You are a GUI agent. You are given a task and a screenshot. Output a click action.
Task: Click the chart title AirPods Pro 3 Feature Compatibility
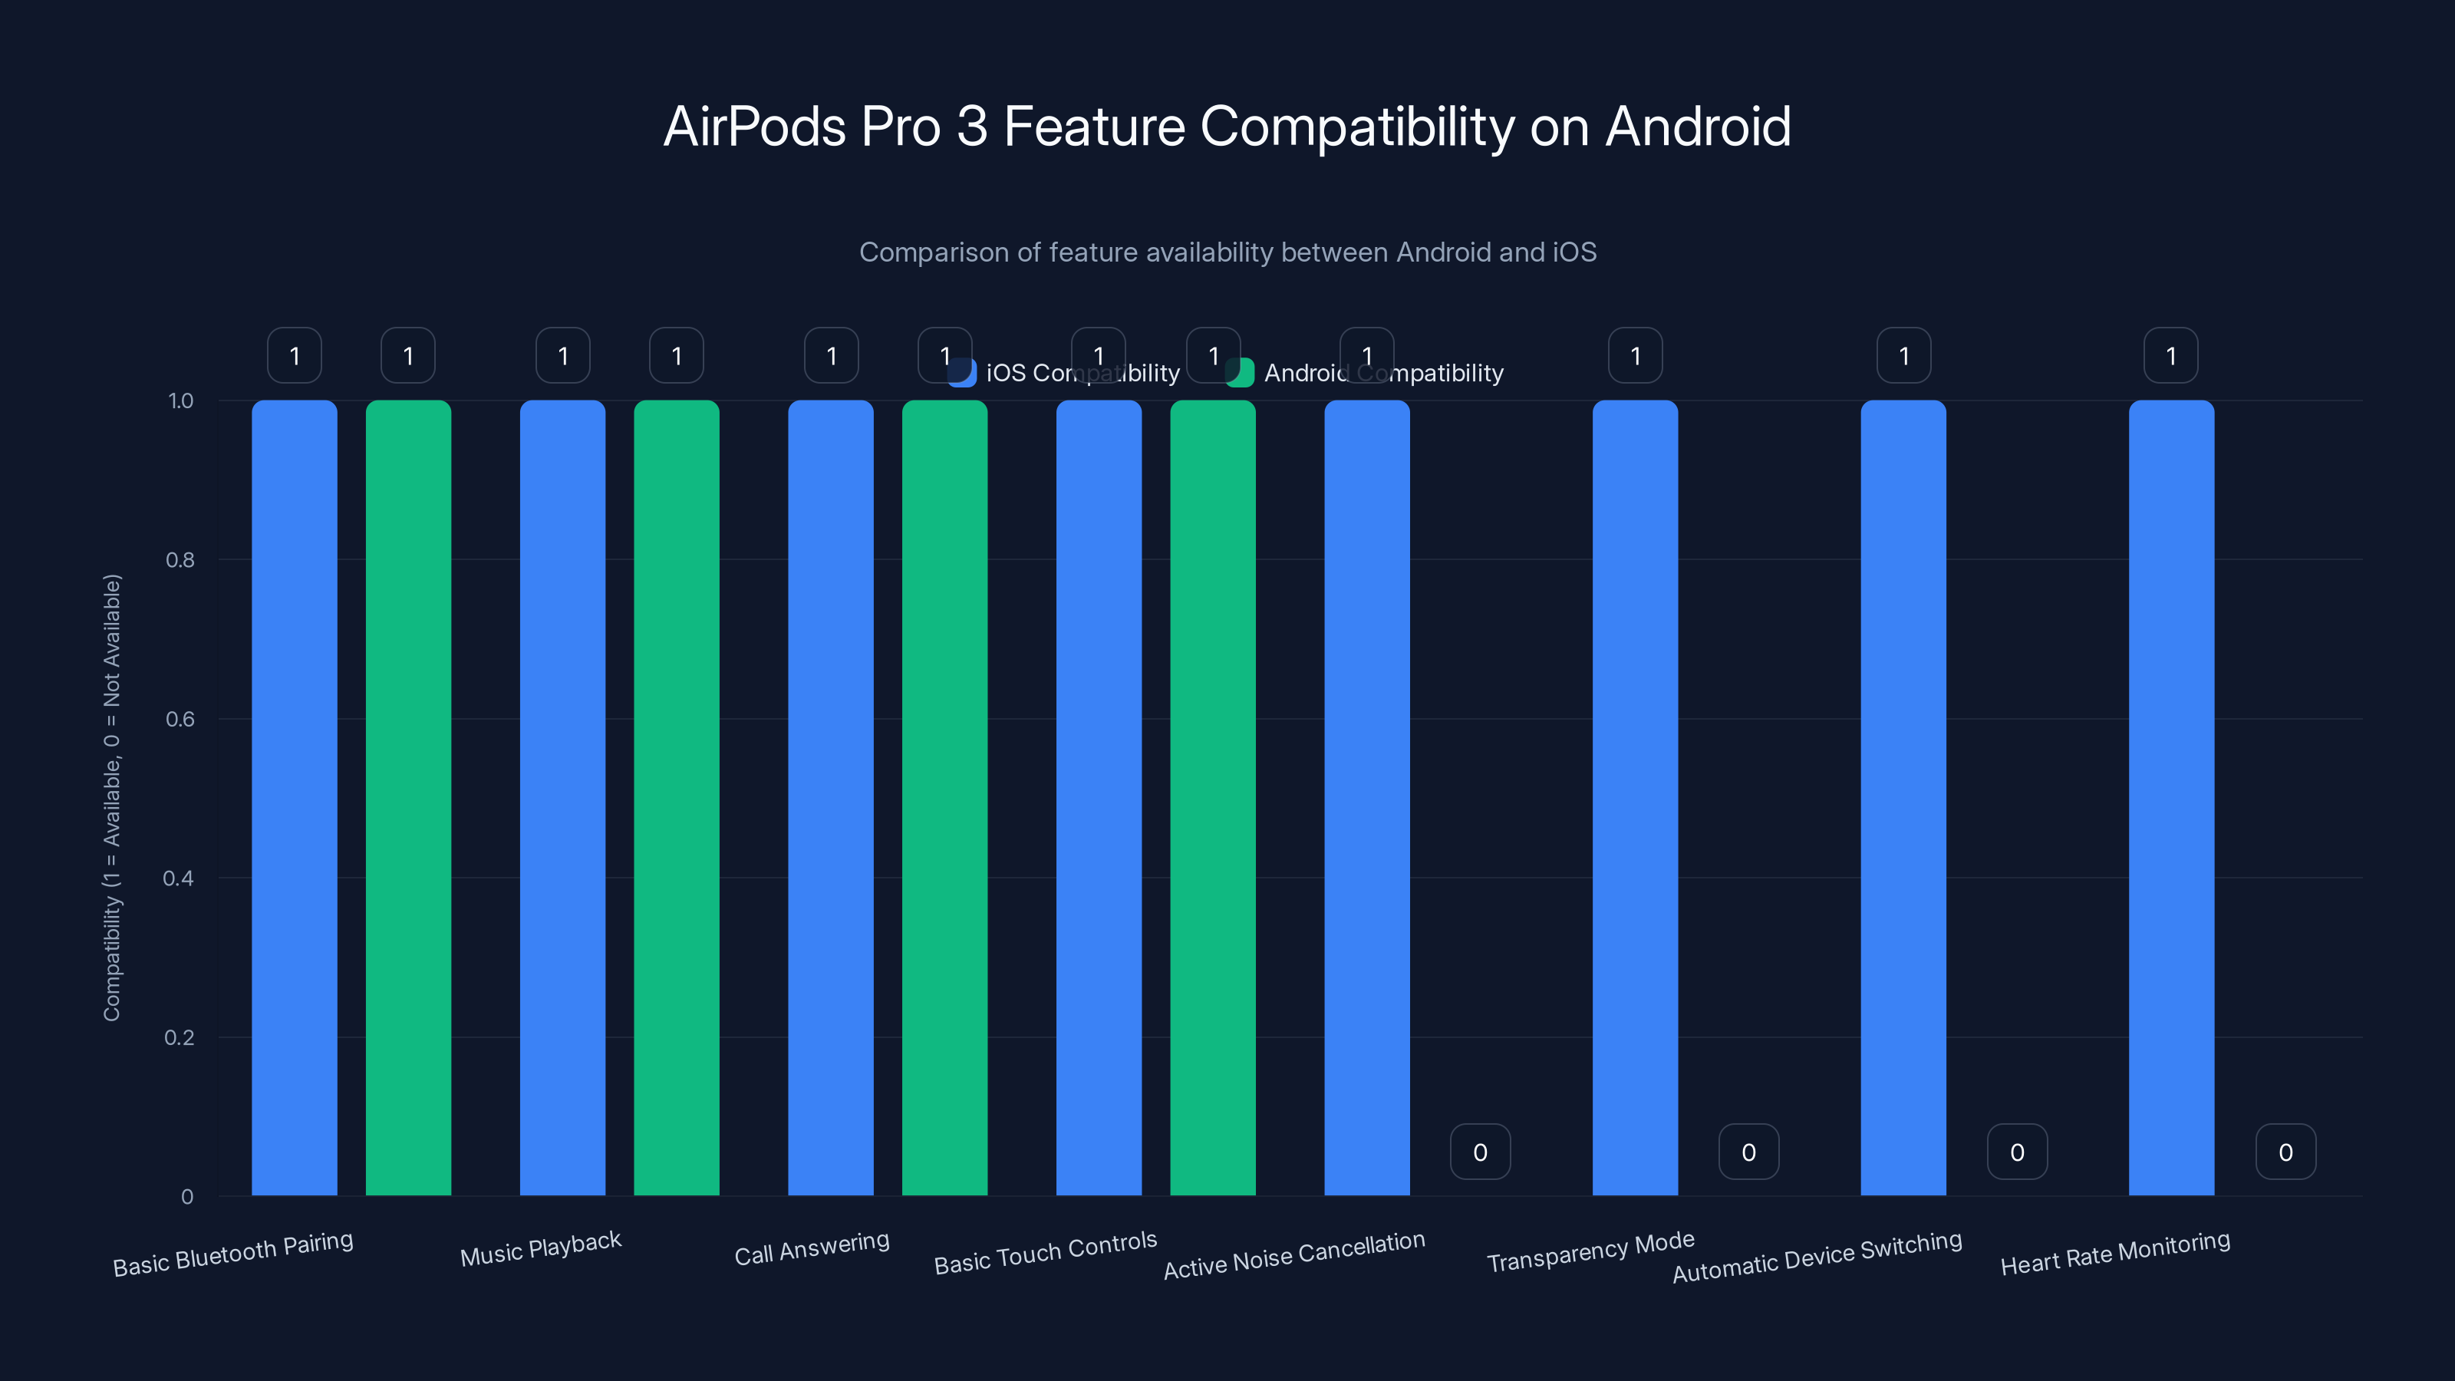pyautogui.click(x=1227, y=126)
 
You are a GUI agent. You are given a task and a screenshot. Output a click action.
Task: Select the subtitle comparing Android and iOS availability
pyautogui.click(x=1227, y=252)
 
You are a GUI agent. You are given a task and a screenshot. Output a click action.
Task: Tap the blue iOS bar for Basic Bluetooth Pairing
pyautogui.click(x=295, y=797)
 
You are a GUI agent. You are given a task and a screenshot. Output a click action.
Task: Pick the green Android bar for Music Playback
pyautogui.click(x=676, y=797)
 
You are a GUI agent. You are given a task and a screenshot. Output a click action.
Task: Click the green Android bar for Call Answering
pyautogui.click(x=944, y=797)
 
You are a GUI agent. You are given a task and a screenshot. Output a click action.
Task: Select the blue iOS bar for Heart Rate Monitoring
pyautogui.click(x=2171, y=797)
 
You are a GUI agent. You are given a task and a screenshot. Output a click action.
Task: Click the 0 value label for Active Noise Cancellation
pyautogui.click(x=1480, y=1152)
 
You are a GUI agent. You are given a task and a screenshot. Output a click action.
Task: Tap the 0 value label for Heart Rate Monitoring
pyautogui.click(x=2285, y=1152)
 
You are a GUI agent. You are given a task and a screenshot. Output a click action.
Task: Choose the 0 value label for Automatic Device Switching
pyautogui.click(x=2017, y=1152)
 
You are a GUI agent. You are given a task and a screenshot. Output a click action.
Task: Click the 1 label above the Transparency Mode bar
pyautogui.click(x=1636, y=355)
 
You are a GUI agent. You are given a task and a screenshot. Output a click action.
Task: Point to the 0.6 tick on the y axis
pyautogui.click(x=180, y=719)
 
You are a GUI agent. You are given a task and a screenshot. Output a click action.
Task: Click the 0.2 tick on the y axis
pyautogui.click(x=180, y=1037)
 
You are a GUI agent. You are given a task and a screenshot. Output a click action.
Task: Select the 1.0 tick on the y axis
pyautogui.click(x=180, y=400)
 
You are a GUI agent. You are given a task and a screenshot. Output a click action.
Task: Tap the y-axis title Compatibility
pyautogui.click(x=113, y=797)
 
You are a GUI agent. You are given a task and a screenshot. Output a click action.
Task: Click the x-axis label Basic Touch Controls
pyautogui.click(x=1046, y=1252)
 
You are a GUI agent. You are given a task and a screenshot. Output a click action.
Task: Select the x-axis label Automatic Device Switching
pyautogui.click(x=1817, y=1256)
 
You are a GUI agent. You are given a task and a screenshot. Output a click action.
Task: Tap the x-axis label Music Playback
pyautogui.click(x=540, y=1248)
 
